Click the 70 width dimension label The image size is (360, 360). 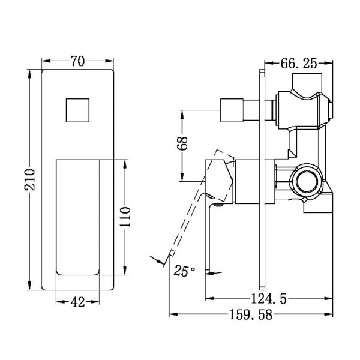[77, 61]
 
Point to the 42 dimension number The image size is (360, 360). [77, 302]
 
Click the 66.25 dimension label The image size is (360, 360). [298, 62]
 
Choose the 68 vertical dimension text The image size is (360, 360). [184, 145]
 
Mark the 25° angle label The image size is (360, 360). [184, 271]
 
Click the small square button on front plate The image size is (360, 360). [77, 110]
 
